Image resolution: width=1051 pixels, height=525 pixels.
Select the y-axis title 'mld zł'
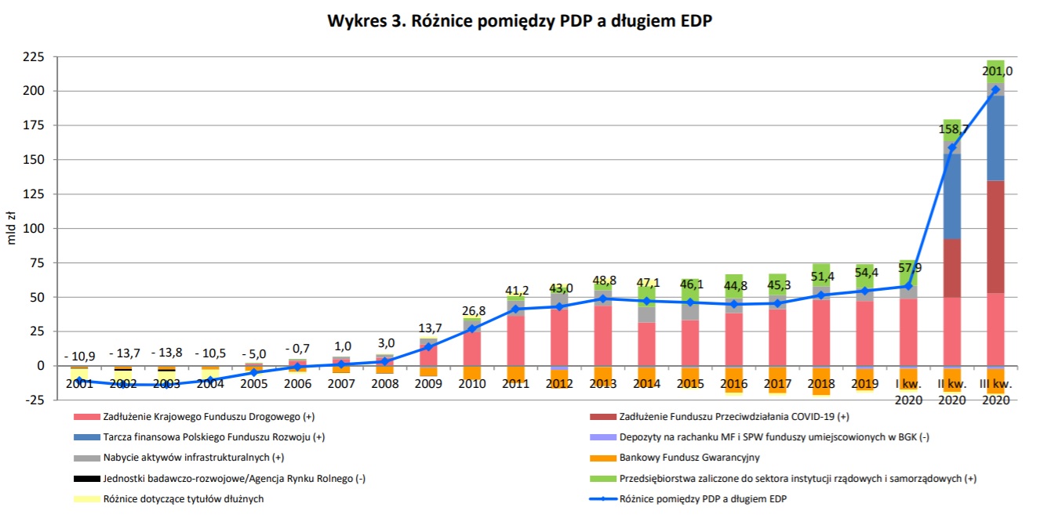click(12, 228)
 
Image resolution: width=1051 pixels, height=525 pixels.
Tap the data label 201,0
click(997, 71)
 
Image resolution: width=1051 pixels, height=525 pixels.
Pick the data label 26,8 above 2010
click(472, 310)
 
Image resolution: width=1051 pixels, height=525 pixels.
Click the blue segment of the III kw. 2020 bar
click(995, 138)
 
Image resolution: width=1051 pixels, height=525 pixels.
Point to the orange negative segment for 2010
click(472, 374)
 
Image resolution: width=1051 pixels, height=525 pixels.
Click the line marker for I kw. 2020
click(908, 287)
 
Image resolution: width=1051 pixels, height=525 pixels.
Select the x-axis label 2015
click(689, 384)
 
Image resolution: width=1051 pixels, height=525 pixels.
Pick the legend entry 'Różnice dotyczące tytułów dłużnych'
click(178, 499)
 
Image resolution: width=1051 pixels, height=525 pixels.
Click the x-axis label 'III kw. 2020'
click(995, 391)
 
